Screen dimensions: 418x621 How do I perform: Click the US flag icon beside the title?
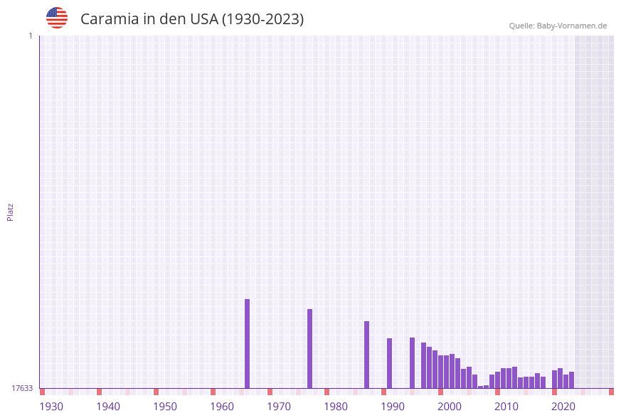coord(57,18)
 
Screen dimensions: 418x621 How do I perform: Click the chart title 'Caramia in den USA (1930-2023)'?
coord(192,19)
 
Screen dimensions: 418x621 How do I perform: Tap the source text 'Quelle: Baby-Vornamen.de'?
coord(558,26)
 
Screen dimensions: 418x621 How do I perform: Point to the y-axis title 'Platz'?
coord(11,211)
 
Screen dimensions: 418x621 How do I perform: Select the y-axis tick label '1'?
coord(31,36)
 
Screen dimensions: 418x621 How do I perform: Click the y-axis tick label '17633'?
coord(22,388)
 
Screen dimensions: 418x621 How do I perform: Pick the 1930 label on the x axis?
coord(51,407)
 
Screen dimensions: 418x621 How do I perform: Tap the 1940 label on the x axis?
coord(108,407)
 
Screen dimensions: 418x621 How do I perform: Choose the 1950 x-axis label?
coord(165,407)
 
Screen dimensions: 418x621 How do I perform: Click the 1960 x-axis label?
coord(222,407)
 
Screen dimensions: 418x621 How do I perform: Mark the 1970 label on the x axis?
coord(279,407)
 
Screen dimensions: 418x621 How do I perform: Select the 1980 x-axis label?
coord(336,407)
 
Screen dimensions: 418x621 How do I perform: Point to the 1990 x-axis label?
coord(393,407)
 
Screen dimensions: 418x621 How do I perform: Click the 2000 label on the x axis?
coord(450,407)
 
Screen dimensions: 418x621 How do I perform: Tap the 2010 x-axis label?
coord(506,407)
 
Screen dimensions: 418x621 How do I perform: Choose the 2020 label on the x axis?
coord(563,407)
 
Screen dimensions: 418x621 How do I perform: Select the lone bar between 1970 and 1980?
coord(310,348)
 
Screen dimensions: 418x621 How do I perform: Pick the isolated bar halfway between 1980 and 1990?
coord(367,355)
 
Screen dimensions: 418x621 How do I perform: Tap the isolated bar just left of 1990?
coord(390,363)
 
